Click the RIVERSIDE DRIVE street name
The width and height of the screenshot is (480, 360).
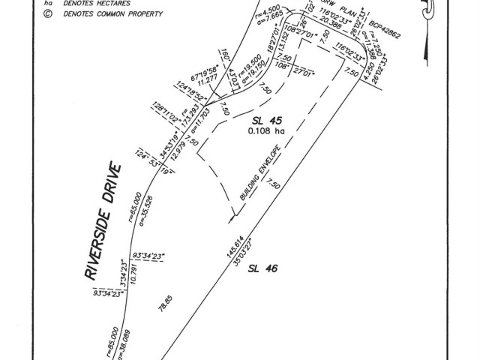pyautogui.click(x=101, y=222)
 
